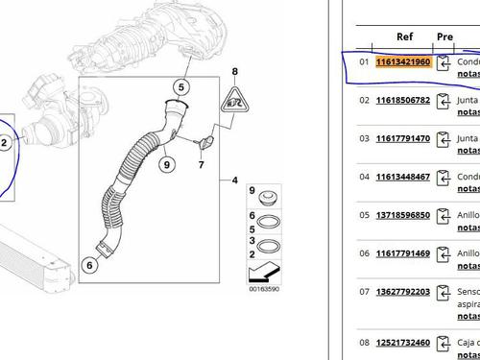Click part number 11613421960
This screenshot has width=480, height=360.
coord(404,63)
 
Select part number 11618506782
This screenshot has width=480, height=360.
coord(404,101)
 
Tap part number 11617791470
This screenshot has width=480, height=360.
coord(404,139)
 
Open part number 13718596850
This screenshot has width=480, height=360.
coord(404,215)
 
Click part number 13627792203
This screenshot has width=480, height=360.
coord(404,292)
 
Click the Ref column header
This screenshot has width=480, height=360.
coord(404,36)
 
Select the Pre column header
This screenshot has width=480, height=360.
coord(444,36)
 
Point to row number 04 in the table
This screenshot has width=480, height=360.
coord(364,178)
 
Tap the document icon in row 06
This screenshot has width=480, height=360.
coord(444,254)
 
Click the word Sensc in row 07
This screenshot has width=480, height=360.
coord(468,291)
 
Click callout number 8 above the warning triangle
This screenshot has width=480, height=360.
coord(233,73)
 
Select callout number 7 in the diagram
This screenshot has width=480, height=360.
coord(202,165)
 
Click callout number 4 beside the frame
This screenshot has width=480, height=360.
coord(234,180)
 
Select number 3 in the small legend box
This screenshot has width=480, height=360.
coord(252,243)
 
